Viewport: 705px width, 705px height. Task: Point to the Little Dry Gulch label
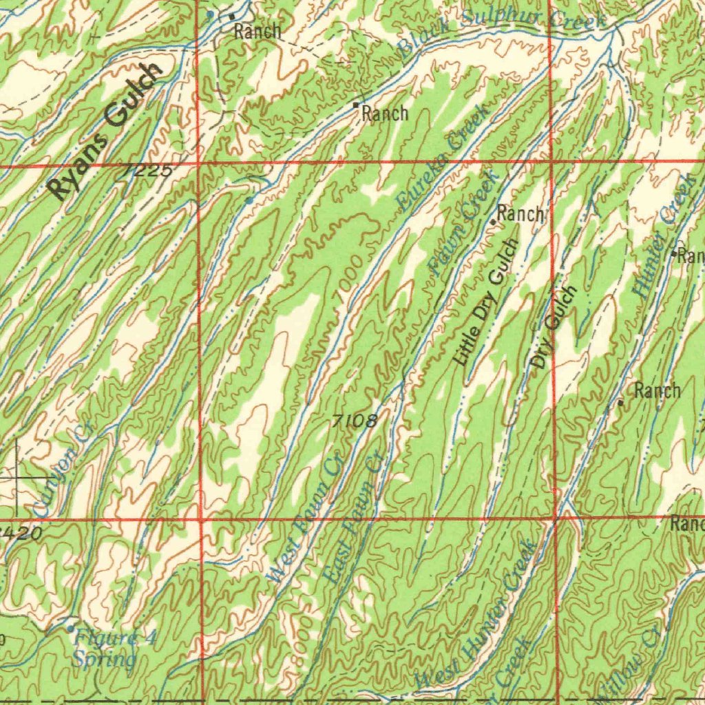[486, 302]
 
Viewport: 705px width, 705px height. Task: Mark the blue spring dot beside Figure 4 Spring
[70, 628]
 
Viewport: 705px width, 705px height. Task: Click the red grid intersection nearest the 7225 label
[198, 165]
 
